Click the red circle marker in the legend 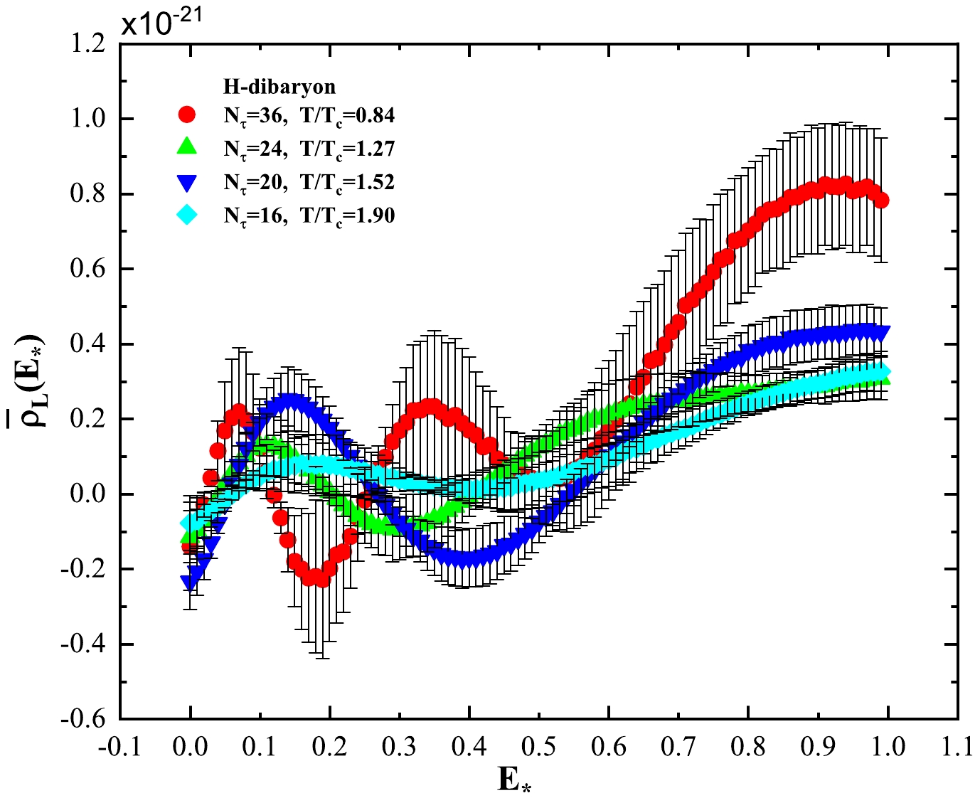tap(188, 115)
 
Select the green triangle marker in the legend tap(188, 147)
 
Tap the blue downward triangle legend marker tap(188, 182)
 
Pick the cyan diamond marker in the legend tap(188, 215)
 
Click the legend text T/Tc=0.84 tap(347, 116)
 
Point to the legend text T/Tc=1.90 tap(347, 216)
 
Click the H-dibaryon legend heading tap(279, 87)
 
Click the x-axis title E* tap(514, 780)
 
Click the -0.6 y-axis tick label tap(85, 718)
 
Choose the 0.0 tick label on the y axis tap(89, 494)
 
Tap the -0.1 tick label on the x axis tap(120, 746)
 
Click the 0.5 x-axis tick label tap(539, 746)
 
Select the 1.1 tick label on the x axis tap(957, 746)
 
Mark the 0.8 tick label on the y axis tap(89, 193)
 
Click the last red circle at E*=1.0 tap(881, 201)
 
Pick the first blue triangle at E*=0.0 tap(190, 582)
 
